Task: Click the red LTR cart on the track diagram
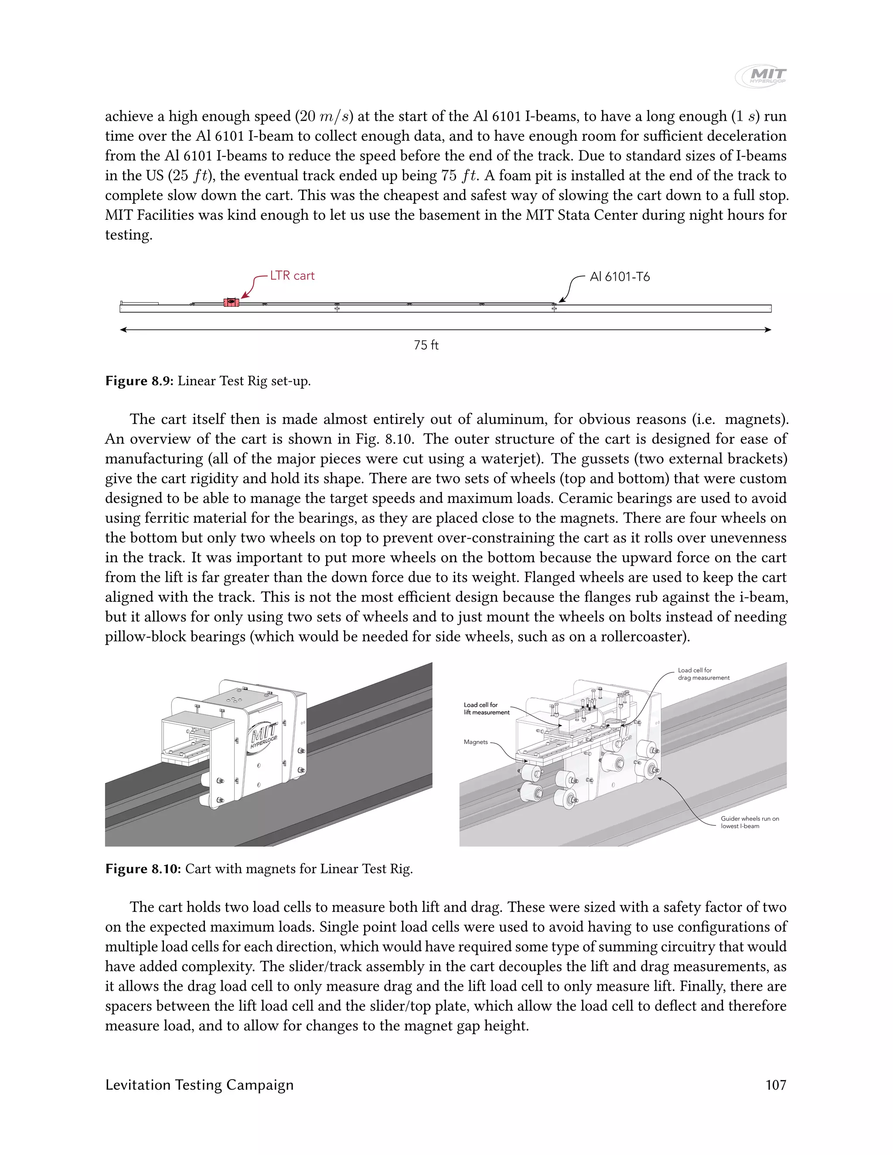231,302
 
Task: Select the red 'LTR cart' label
292,275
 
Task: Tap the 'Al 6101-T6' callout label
620,277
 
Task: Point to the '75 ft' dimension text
426,345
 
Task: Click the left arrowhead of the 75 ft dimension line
123,330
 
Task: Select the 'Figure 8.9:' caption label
139,381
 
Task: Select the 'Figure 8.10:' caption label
143,869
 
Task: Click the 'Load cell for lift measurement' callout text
486,709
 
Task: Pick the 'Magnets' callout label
476,742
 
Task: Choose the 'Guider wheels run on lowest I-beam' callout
749,822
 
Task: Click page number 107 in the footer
776,1085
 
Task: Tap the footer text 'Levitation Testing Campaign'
199,1085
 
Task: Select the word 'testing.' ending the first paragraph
129,235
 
